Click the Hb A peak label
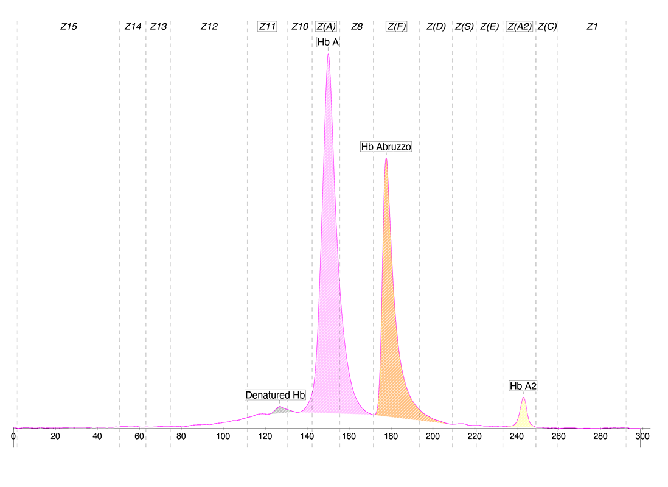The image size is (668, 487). (328, 43)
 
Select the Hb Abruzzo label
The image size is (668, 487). (386, 147)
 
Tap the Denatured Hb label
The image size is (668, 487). (275, 395)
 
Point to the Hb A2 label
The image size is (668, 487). (523, 386)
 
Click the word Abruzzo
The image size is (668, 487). (394, 147)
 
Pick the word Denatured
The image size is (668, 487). (267, 395)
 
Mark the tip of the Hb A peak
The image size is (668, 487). (328, 54)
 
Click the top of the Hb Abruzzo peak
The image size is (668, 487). (386, 158)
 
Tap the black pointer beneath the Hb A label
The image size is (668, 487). (328, 50)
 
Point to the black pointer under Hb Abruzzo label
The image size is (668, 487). (386, 155)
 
